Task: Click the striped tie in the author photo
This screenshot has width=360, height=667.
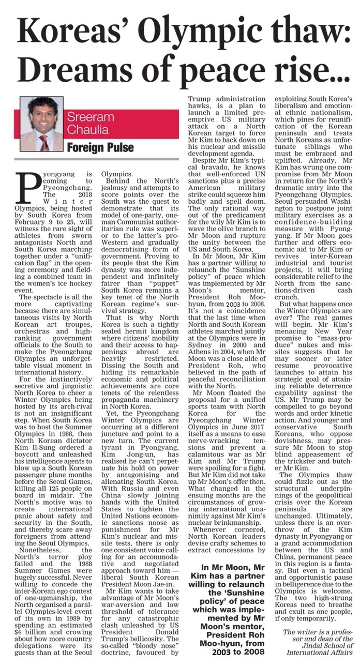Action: [46, 142]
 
